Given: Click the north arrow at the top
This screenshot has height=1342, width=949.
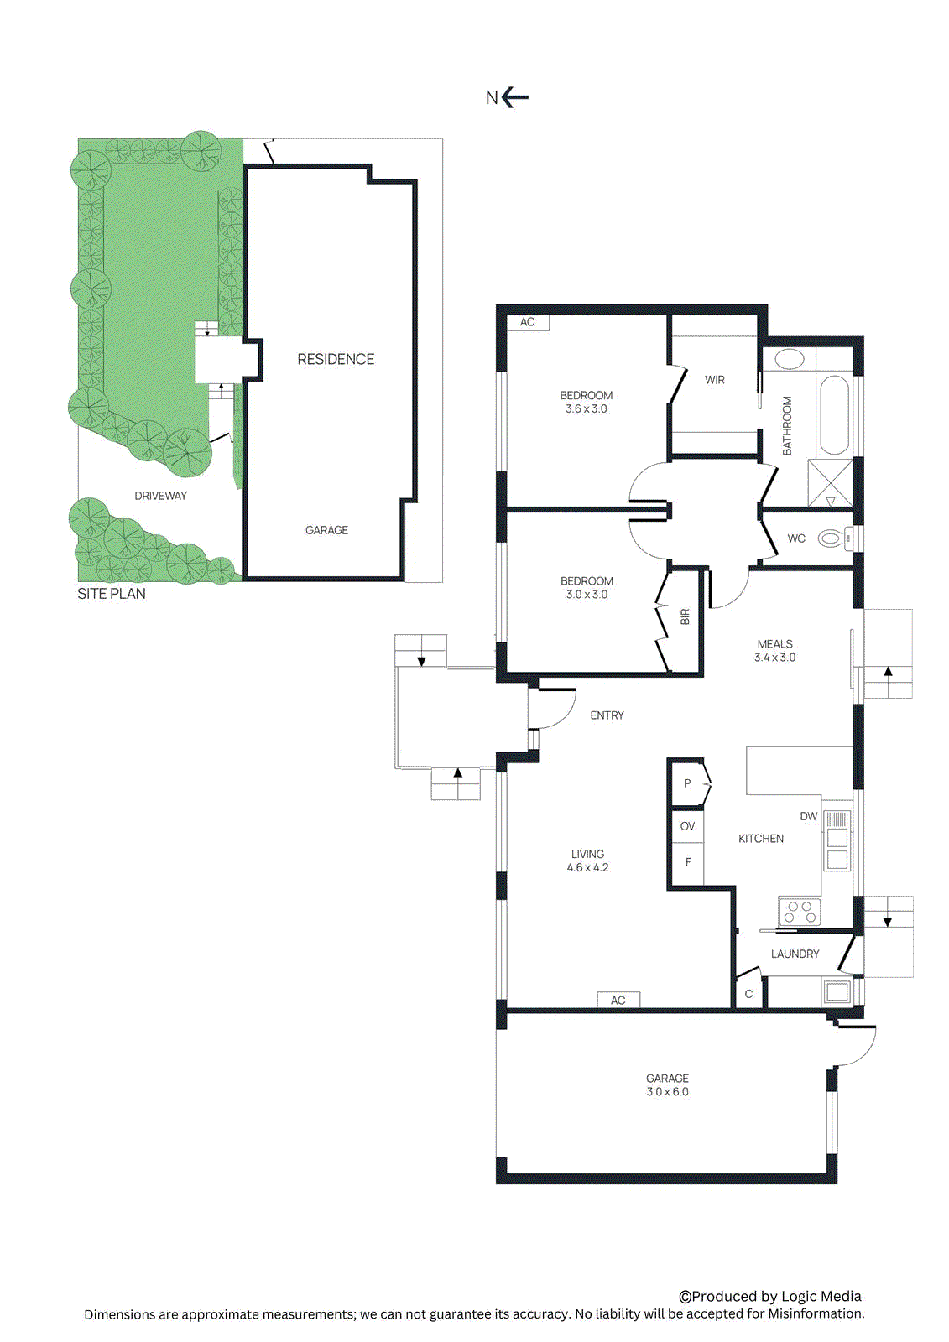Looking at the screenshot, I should (x=514, y=97).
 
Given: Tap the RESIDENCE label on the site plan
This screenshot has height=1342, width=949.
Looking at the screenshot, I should (x=336, y=359).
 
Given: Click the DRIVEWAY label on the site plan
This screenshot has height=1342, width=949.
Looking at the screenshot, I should (x=160, y=496).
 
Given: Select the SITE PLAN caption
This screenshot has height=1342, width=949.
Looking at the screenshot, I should (x=112, y=594).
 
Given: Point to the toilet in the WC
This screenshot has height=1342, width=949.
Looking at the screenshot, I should (x=832, y=538).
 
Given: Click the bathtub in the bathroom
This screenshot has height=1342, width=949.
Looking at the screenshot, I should (x=834, y=415).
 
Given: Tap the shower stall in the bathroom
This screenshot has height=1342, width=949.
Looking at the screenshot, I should (x=830, y=482).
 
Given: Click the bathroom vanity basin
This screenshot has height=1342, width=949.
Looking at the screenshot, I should (x=789, y=360).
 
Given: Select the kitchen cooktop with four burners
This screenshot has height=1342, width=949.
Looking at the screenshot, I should (x=800, y=912).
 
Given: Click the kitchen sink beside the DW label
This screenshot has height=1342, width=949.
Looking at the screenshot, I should (x=837, y=847).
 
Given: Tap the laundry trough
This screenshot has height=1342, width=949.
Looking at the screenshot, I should (x=837, y=991).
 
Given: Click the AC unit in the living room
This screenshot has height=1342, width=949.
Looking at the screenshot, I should (x=618, y=1000).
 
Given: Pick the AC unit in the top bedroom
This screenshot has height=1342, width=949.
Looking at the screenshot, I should (x=527, y=322).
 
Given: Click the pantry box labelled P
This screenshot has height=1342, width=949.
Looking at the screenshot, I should (x=688, y=783).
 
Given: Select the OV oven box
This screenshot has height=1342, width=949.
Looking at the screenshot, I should (x=688, y=826).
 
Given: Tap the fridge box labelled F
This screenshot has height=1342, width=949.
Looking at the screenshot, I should (x=688, y=862).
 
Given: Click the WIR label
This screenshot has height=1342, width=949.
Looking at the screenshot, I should (x=715, y=380).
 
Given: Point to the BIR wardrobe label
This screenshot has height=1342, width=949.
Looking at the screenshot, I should (x=685, y=616).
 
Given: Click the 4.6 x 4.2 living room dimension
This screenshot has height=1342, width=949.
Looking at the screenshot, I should (x=587, y=867).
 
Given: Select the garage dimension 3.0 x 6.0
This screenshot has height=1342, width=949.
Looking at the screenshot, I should (x=667, y=1091).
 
